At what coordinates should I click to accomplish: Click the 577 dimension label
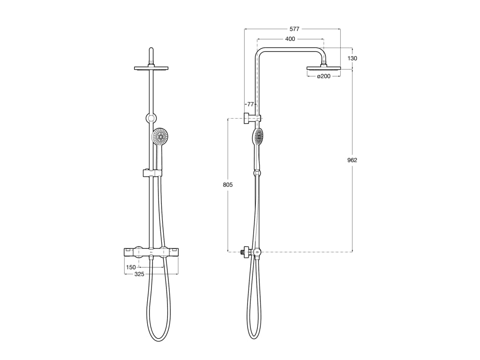point(294,29)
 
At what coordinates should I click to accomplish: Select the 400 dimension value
point(290,39)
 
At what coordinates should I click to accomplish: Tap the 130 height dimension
point(352,59)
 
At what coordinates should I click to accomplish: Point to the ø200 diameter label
point(323,76)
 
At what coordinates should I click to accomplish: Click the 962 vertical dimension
point(352,160)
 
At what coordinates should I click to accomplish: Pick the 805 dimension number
point(228,185)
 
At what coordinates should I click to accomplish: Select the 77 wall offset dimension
point(250,104)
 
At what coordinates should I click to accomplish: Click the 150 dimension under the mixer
point(131,268)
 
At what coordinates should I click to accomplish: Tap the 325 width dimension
point(139,274)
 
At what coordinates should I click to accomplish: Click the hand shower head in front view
point(160,136)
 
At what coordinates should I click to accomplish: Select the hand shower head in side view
point(258,136)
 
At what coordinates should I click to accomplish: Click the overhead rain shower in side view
point(323,68)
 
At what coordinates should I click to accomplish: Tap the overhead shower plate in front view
point(151,68)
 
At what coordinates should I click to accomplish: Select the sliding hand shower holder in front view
point(152,173)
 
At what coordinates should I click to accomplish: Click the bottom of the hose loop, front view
point(158,339)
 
